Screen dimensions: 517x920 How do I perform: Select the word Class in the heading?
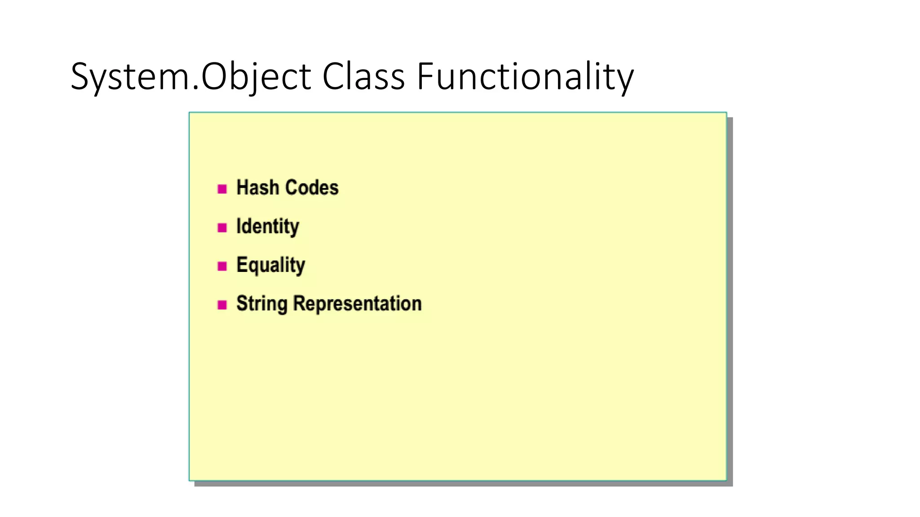click(363, 76)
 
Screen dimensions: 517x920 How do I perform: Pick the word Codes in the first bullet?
click(312, 188)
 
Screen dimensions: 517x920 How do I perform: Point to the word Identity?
click(268, 227)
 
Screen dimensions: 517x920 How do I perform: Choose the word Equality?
click(271, 265)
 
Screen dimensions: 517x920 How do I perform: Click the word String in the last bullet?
click(262, 304)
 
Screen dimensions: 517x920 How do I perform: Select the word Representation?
click(358, 304)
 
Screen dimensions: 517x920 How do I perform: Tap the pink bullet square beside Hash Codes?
click(222, 189)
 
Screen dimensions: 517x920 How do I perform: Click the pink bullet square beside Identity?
click(222, 228)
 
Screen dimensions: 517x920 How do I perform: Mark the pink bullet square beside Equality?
click(222, 266)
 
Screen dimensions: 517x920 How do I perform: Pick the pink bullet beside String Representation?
click(222, 305)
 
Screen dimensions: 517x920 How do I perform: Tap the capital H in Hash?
click(243, 188)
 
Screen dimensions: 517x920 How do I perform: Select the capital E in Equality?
click(242, 265)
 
